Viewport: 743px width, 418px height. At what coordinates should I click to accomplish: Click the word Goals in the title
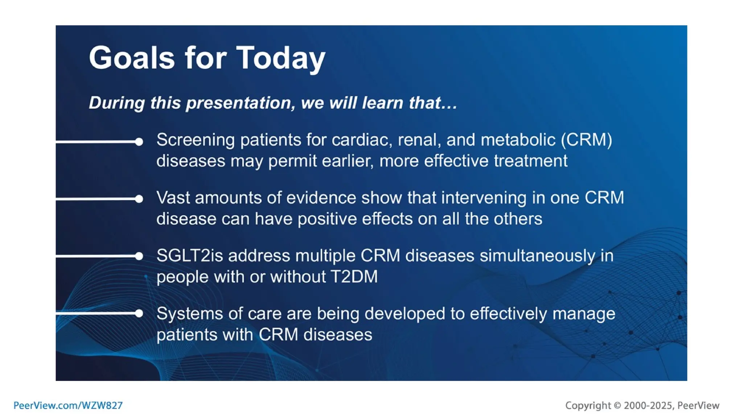click(x=132, y=58)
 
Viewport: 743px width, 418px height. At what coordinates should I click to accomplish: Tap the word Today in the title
click(x=281, y=58)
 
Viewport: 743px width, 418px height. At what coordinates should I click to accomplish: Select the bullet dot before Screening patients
click(x=139, y=142)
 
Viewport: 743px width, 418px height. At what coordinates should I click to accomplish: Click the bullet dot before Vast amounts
click(x=139, y=199)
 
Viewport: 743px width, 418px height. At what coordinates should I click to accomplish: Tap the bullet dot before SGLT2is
click(x=139, y=256)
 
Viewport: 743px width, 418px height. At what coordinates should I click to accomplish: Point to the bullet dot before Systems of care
click(x=139, y=313)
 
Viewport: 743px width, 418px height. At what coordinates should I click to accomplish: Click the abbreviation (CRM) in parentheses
click(x=586, y=140)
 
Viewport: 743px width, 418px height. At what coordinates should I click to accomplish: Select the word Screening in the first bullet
click(x=196, y=140)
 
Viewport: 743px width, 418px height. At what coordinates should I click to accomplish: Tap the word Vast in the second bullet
click(x=173, y=198)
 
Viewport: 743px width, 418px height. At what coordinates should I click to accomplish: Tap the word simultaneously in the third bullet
click(x=537, y=256)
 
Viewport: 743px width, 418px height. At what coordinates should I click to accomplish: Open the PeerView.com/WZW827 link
click(x=68, y=405)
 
